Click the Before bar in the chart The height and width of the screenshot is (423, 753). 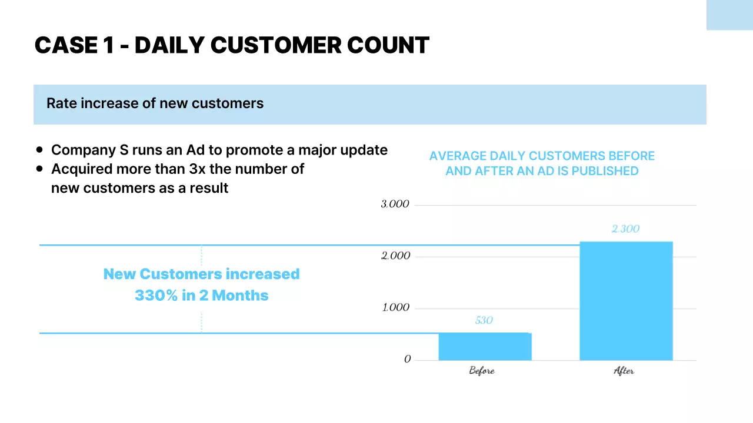pos(485,347)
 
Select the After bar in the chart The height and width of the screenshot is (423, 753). pos(626,301)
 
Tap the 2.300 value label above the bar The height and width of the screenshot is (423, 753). pos(625,229)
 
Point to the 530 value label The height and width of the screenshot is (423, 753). pos(484,321)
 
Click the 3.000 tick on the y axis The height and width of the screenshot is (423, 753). pos(395,204)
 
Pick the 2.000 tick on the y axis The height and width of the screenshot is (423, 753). pos(395,256)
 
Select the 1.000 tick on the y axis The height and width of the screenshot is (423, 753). pos(395,308)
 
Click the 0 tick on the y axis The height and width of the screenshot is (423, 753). pos(407,360)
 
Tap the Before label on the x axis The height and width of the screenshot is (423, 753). pos(482,371)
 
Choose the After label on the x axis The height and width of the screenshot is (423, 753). pos(624,371)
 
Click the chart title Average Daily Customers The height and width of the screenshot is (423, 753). pos(542,163)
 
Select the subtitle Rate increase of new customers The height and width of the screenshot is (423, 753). pos(155,103)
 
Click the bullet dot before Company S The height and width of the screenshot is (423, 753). pos(39,150)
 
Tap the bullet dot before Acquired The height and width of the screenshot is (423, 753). pos(39,169)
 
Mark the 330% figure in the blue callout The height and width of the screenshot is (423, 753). pos(156,296)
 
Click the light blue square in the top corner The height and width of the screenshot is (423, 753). pos(729,15)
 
